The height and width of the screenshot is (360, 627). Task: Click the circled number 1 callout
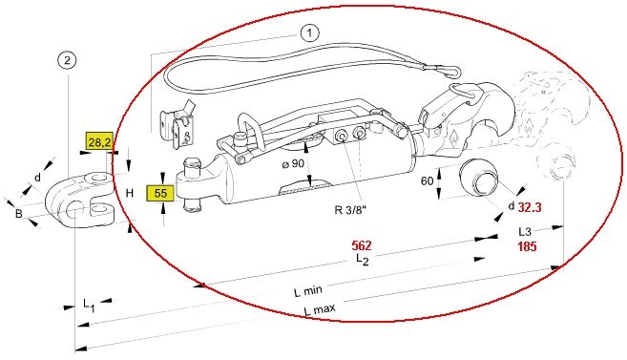309,33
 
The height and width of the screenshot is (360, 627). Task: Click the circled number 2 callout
67,61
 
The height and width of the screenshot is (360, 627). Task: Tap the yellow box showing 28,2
100,141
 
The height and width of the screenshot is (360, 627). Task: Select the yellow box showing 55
160,193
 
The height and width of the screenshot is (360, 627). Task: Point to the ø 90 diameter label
293,163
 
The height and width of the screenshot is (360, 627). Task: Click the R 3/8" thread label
350,209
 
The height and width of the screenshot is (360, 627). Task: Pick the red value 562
362,245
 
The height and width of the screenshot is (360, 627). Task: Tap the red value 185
527,246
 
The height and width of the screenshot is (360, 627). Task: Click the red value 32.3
530,207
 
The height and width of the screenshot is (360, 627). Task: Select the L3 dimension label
525,232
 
